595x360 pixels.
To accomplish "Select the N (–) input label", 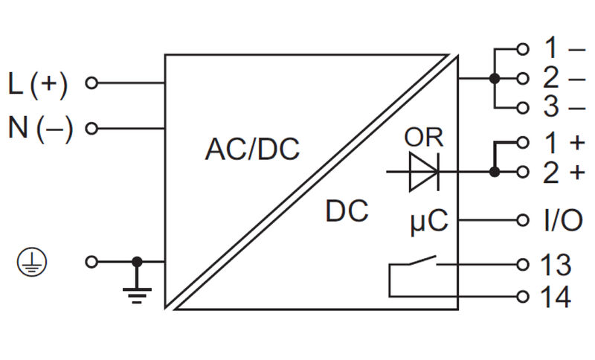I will pos(41,129).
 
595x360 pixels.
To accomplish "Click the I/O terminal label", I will pos(559,220).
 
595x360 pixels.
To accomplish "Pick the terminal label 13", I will pos(556,265).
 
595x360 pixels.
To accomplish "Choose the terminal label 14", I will pos(556,297).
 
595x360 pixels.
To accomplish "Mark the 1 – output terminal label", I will pos(563,49).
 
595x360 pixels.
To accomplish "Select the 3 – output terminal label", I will pos(563,107).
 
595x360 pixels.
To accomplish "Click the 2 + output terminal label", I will pos(563,172).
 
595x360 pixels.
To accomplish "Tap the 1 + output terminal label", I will pos(563,141).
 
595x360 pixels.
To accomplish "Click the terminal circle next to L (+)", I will pos(91,83).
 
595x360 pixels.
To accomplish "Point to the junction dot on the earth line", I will pos(137,262).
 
